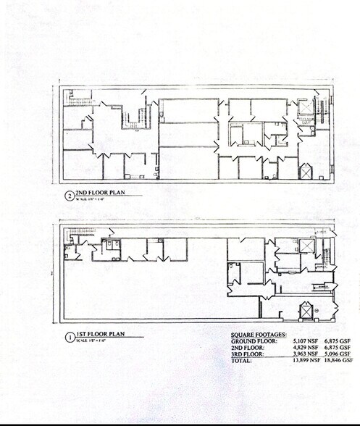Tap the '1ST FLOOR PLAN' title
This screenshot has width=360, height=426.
[x=101, y=334]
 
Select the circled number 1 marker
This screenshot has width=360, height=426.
[x=67, y=336]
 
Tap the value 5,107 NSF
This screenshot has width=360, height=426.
[x=305, y=340]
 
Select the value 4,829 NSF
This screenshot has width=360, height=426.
[x=305, y=346]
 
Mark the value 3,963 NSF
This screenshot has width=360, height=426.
[x=305, y=353]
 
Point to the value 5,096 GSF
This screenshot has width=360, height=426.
[x=338, y=353]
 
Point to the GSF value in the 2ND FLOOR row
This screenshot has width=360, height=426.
[x=338, y=346]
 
